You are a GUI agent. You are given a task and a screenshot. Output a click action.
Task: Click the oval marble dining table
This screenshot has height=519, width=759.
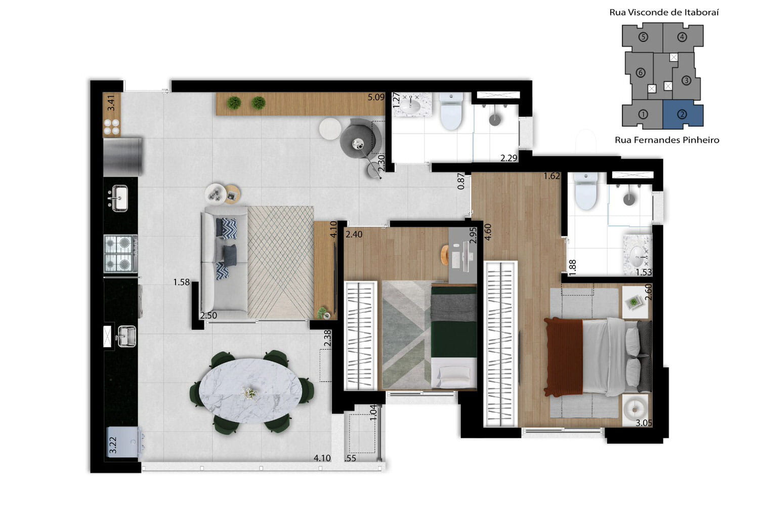[x=250, y=391]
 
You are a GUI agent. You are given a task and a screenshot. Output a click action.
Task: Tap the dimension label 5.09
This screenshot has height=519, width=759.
[x=376, y=98]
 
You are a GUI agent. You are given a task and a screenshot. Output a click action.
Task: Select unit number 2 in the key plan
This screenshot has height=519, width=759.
[x=682, y=114]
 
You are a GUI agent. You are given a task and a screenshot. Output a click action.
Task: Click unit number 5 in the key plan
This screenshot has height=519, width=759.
[x=643, y=37]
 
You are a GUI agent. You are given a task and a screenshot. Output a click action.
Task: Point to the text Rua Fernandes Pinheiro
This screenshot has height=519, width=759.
[x=667, y=140]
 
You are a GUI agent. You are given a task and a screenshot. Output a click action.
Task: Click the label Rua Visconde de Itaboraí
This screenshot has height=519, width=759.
[x=664, y=13]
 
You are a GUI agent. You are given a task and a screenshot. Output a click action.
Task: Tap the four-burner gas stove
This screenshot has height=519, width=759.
[x=121, y=254]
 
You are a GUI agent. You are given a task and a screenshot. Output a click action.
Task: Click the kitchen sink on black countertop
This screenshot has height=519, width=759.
[x=119, y=198]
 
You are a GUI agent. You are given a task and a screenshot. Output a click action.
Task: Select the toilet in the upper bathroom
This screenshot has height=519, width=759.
[x=451, y=111]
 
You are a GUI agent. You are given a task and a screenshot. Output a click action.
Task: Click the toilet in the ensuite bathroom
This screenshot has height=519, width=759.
[x=586, y=191]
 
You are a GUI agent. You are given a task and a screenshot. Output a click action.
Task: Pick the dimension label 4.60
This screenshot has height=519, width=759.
[x=488, y=232]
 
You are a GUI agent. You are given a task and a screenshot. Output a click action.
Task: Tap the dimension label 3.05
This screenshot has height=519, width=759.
[x=644, y=423]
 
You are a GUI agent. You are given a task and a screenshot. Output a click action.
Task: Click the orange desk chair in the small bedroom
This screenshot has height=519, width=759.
[x=445, y=255]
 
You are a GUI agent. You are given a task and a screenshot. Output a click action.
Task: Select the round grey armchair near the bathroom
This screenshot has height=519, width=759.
[x=360, y=138]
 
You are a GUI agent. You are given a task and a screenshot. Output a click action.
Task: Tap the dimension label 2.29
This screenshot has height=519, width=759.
[x=509, y=158]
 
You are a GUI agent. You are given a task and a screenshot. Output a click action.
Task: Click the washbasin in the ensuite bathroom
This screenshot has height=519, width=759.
[x=638, y=256]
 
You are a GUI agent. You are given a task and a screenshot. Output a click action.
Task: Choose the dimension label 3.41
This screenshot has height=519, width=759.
[x=111, y=103]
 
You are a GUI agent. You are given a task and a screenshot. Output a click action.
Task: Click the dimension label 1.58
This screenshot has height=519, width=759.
[x=181, y=282]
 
